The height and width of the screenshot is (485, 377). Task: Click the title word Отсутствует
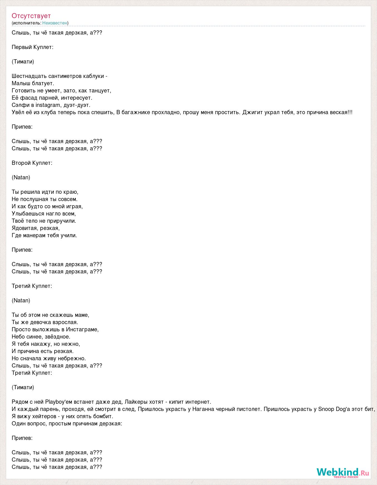(31, 16)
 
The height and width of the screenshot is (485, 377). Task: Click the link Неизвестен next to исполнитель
(55, 23)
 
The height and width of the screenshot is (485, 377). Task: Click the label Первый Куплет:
(33, 47)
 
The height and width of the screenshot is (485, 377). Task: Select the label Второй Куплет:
(32, 163)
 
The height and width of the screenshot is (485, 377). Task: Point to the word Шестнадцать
(29, 76)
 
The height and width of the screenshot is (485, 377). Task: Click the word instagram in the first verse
(48, 105)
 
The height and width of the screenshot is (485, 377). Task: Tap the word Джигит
(251, 112)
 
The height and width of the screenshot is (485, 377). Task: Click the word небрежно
(73, 358)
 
